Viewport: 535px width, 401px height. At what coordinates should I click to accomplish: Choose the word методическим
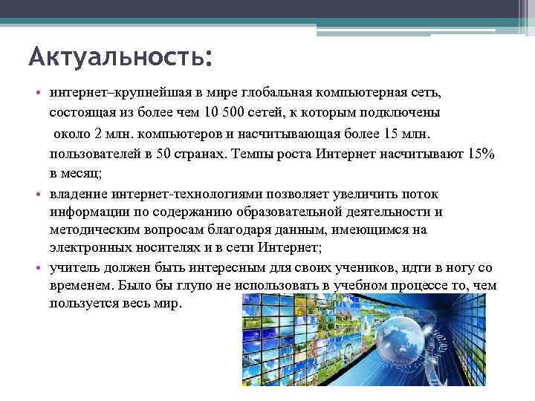pos(95,230)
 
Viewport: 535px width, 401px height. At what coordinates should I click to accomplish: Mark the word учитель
pos(74,268)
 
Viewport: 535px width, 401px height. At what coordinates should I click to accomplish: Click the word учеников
pos(335,268)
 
